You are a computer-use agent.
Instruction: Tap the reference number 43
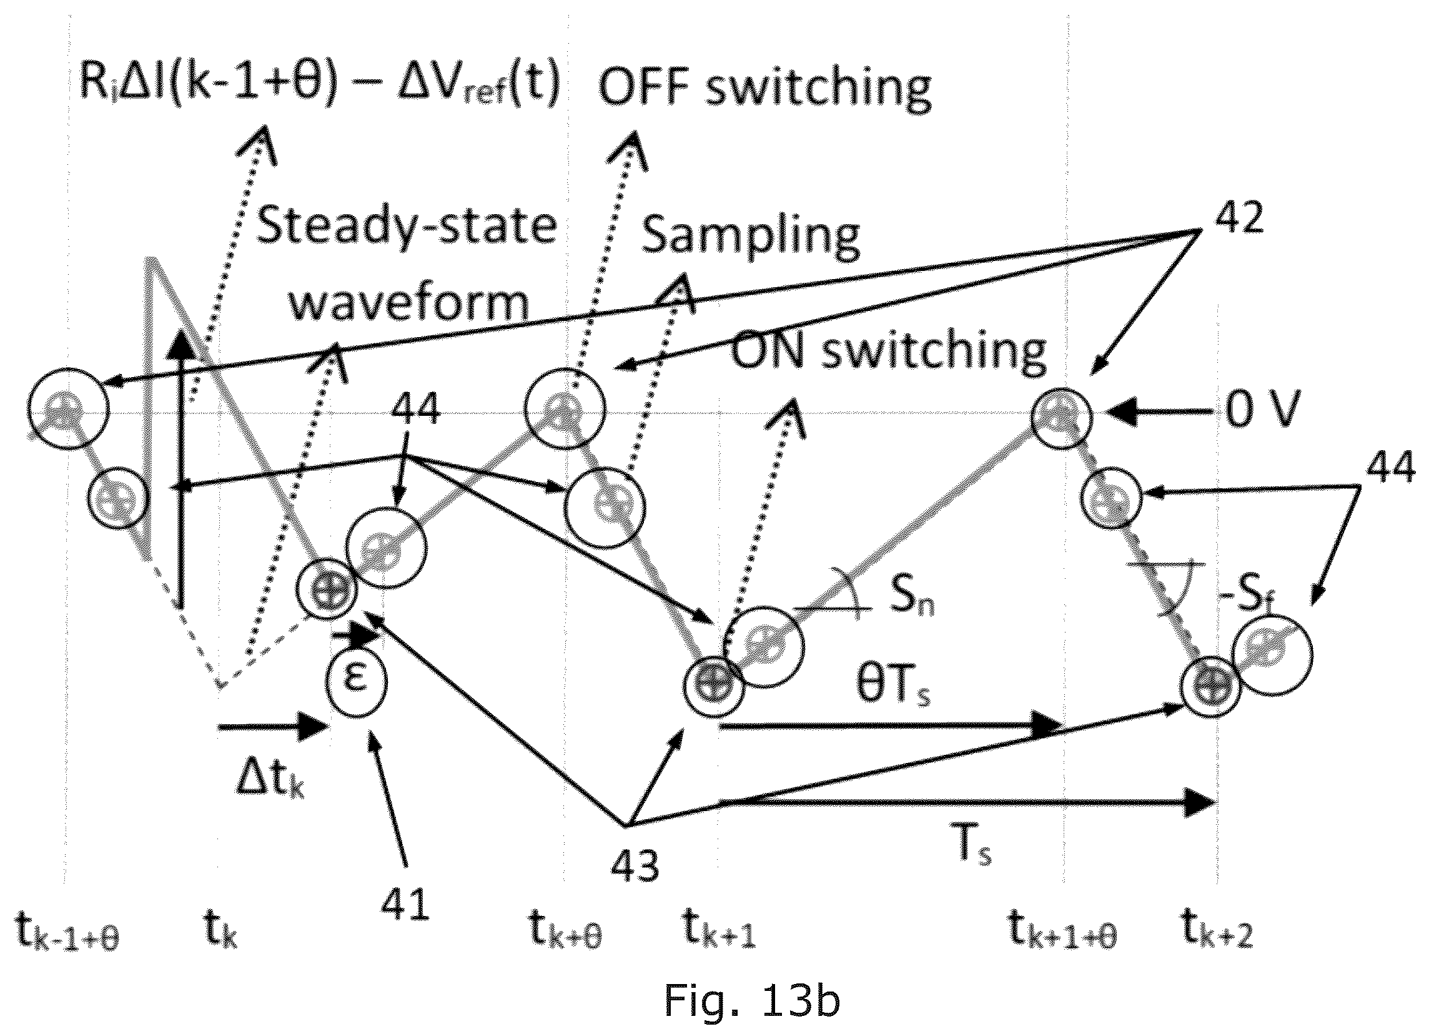(x=634, y=866)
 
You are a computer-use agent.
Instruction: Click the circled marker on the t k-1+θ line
(x=69, y=410)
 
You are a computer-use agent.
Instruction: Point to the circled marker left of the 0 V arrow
(x=1062, y=417)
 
